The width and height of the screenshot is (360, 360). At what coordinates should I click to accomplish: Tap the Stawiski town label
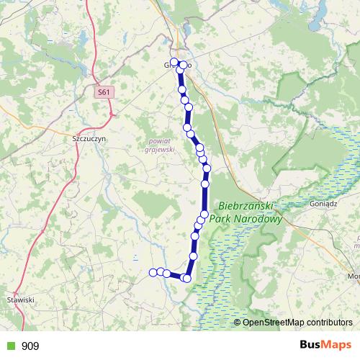tap(20, 299)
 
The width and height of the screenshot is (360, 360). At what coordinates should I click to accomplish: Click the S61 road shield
tap(104, 92)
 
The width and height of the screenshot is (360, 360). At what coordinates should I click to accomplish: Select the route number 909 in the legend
tap(30, 346)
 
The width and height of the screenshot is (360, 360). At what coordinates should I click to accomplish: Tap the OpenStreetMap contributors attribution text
tap(297, 322)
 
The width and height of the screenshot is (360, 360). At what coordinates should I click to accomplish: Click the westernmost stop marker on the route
tap(153, 272)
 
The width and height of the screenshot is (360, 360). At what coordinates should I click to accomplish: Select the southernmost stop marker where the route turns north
tap(187, 278)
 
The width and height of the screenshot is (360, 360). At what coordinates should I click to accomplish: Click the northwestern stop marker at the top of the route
tap(174, 62)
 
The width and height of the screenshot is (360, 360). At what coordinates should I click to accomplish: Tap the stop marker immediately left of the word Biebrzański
tap(204, 215)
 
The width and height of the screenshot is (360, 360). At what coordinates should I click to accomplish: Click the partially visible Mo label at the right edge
tap(354, 276)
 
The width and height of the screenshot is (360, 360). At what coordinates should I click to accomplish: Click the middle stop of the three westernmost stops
tap(160, 272)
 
